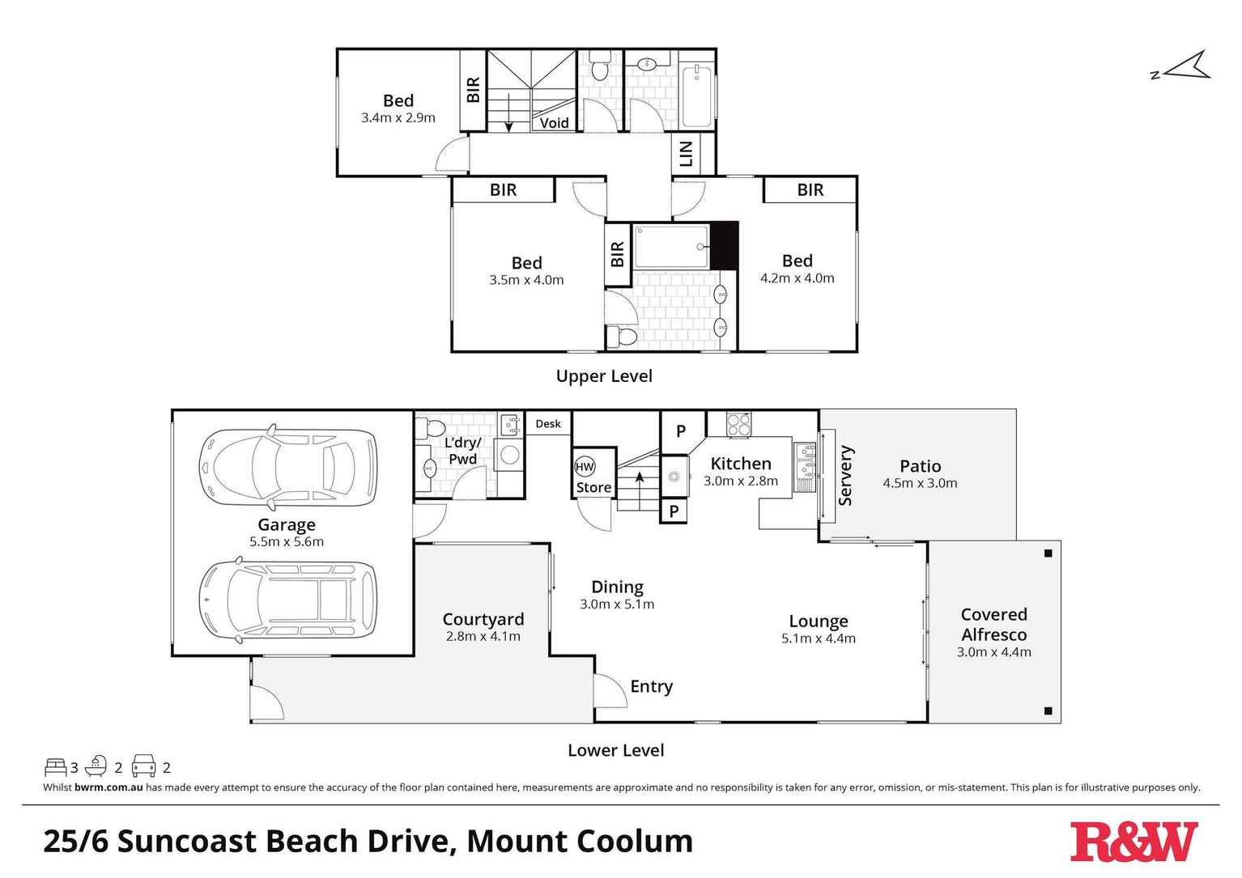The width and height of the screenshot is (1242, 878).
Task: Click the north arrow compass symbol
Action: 1184,66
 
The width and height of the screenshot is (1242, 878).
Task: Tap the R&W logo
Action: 1133,842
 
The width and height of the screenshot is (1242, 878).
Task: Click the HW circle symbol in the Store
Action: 585,467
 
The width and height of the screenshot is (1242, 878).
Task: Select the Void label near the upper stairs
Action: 554,123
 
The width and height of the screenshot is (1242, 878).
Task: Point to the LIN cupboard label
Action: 687,154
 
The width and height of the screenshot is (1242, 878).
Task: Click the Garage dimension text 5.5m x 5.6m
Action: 287,542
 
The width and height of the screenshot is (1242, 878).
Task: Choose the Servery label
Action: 845,475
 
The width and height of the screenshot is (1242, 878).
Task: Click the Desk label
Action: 548,423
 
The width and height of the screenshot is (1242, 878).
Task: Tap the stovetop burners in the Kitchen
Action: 738,425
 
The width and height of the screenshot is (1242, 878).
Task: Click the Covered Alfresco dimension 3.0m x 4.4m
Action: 993,652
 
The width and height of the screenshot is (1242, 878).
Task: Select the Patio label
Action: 920,466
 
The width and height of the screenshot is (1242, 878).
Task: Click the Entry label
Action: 651,686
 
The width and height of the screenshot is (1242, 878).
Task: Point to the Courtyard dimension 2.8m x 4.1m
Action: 483,637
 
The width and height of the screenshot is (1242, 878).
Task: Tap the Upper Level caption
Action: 604,375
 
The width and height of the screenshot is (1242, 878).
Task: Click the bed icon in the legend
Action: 55,766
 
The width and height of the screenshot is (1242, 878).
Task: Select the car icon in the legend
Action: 143,766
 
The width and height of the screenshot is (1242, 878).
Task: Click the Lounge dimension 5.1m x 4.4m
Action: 818,638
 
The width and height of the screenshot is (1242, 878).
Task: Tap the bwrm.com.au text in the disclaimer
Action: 108,787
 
